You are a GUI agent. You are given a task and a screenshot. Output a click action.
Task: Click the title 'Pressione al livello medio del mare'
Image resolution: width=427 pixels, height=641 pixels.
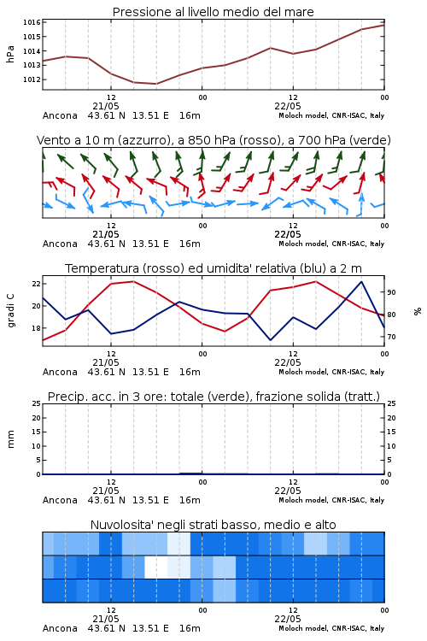click(213, 12)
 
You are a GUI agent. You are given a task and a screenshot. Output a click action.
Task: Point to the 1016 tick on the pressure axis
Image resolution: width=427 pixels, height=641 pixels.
click(32, 22)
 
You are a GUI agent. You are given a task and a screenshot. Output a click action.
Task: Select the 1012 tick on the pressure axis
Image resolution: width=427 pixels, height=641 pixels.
click(32, 79)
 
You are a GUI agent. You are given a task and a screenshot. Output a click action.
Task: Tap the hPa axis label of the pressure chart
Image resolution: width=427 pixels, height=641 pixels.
click(10, 54)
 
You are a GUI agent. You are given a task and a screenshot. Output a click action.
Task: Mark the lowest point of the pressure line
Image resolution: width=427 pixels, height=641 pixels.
click(156, 84)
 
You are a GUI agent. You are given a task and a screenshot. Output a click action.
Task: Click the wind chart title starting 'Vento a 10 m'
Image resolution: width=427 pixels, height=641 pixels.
click(213, 140)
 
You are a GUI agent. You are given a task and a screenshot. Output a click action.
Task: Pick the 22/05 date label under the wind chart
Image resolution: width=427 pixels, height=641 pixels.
click(288, 234)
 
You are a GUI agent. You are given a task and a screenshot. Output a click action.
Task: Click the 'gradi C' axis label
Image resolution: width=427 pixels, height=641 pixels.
click(10, 311)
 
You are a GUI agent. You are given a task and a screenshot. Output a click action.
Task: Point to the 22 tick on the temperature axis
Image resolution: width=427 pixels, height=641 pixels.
click(36, 284)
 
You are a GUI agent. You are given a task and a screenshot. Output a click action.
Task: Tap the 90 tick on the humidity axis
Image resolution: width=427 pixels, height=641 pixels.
click(391, 292)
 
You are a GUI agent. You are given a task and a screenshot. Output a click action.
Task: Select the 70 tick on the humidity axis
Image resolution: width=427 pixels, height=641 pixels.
click(391, 337)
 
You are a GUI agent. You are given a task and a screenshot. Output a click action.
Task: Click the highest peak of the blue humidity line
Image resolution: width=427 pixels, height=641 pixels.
click(361, 282)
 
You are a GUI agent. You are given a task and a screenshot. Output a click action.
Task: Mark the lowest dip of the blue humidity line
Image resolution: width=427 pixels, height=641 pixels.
click(270, 340)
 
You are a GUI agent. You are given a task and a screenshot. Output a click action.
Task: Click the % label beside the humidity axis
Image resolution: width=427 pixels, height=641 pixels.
click(418, 311)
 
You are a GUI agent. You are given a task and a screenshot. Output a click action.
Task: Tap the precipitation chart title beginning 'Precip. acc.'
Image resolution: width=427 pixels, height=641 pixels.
click(213, 397)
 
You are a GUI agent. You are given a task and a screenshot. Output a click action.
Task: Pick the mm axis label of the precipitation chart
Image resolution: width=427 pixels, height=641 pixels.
click(10, 439)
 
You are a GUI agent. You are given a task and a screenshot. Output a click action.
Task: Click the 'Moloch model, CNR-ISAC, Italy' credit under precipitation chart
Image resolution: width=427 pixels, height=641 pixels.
click(331, 500)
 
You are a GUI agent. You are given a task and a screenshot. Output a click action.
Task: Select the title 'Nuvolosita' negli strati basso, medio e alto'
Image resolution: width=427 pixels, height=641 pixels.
click(213, 525)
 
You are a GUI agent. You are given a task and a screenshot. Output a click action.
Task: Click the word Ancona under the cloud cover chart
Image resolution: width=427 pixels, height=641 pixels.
click(60, 628)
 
